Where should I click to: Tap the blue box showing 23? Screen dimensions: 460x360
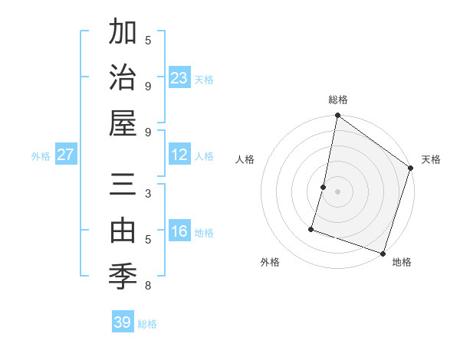pos(179,77)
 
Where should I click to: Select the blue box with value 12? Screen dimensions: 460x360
pos(179,155)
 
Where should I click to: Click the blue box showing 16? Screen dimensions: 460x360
pos(179,231)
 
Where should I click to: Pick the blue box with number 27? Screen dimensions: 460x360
pos(66,155)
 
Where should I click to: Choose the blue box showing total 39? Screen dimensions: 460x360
pos(123,322)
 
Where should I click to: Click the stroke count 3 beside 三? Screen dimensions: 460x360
pos(148,194)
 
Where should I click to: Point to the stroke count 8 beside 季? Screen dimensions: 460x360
pos(148,286)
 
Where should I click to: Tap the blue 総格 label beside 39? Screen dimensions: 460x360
pos(147,324)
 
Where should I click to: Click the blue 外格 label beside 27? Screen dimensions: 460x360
pos(41,156)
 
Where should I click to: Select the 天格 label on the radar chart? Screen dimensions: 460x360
pos(431,159)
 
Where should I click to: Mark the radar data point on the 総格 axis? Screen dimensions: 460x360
pos(337,116)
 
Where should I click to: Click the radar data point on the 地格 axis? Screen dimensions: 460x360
pos(383,253)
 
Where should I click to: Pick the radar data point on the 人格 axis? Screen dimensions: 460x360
pos(324,187)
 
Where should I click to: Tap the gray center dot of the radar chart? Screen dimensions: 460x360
pos(337,191)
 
